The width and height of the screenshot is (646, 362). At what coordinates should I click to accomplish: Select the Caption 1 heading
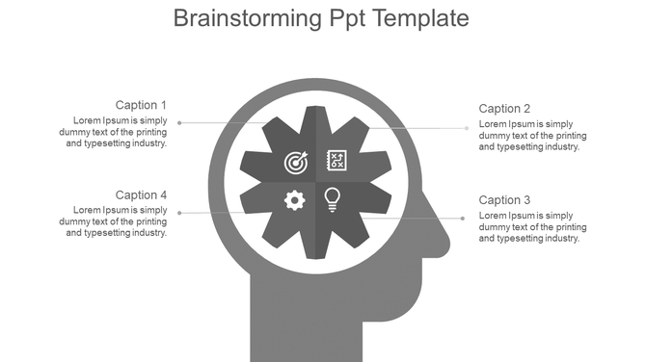coord(141,105)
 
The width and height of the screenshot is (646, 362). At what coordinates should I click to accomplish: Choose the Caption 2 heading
coord(504,109)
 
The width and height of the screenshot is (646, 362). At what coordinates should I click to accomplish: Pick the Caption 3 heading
coord(504,200)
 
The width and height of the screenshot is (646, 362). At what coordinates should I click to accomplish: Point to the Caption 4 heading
coord(141,195)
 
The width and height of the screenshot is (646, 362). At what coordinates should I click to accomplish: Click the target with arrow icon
coord(295,162)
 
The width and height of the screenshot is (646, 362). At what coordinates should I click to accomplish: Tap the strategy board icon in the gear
coord(337,160)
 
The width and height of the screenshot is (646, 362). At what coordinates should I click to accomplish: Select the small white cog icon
coord(295,200)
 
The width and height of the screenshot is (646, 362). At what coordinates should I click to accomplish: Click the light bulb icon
coord(333,199)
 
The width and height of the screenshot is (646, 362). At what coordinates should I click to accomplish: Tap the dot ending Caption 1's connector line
coord(179,122)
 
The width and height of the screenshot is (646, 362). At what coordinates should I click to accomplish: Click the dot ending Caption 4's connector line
coord(179,213)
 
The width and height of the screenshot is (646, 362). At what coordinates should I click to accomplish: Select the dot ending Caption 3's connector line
coord(463,219)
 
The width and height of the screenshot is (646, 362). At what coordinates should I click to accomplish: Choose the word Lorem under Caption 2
coord(493,124)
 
